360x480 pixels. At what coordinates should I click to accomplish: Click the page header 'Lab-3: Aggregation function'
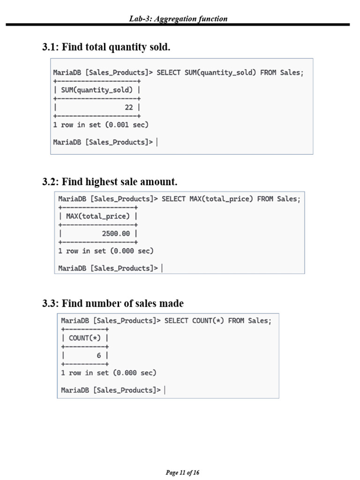pos(178,19)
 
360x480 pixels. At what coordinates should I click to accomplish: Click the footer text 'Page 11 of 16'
pos(182,472)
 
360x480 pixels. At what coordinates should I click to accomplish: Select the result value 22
pos(129,107)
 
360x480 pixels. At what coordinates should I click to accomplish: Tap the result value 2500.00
pos(116,233)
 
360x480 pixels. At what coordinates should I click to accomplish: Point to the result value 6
pos(99,355)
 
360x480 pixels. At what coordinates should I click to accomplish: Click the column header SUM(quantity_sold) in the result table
pos(97,90)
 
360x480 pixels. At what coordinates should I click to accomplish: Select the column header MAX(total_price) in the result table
pos(98,216)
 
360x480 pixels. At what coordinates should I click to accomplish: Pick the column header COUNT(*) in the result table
pos(85,338)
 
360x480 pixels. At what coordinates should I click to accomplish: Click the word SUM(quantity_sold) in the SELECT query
pos(220,73)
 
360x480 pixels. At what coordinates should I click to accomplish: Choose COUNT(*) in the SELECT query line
pos(208,321)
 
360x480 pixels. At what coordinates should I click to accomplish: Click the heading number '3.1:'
pos(51,47)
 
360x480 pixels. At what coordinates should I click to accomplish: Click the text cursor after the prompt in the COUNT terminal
pos(165,390)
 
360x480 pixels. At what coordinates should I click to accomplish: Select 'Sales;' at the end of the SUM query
pos(292,73)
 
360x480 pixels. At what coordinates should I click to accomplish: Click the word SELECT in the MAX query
pos(173,199)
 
